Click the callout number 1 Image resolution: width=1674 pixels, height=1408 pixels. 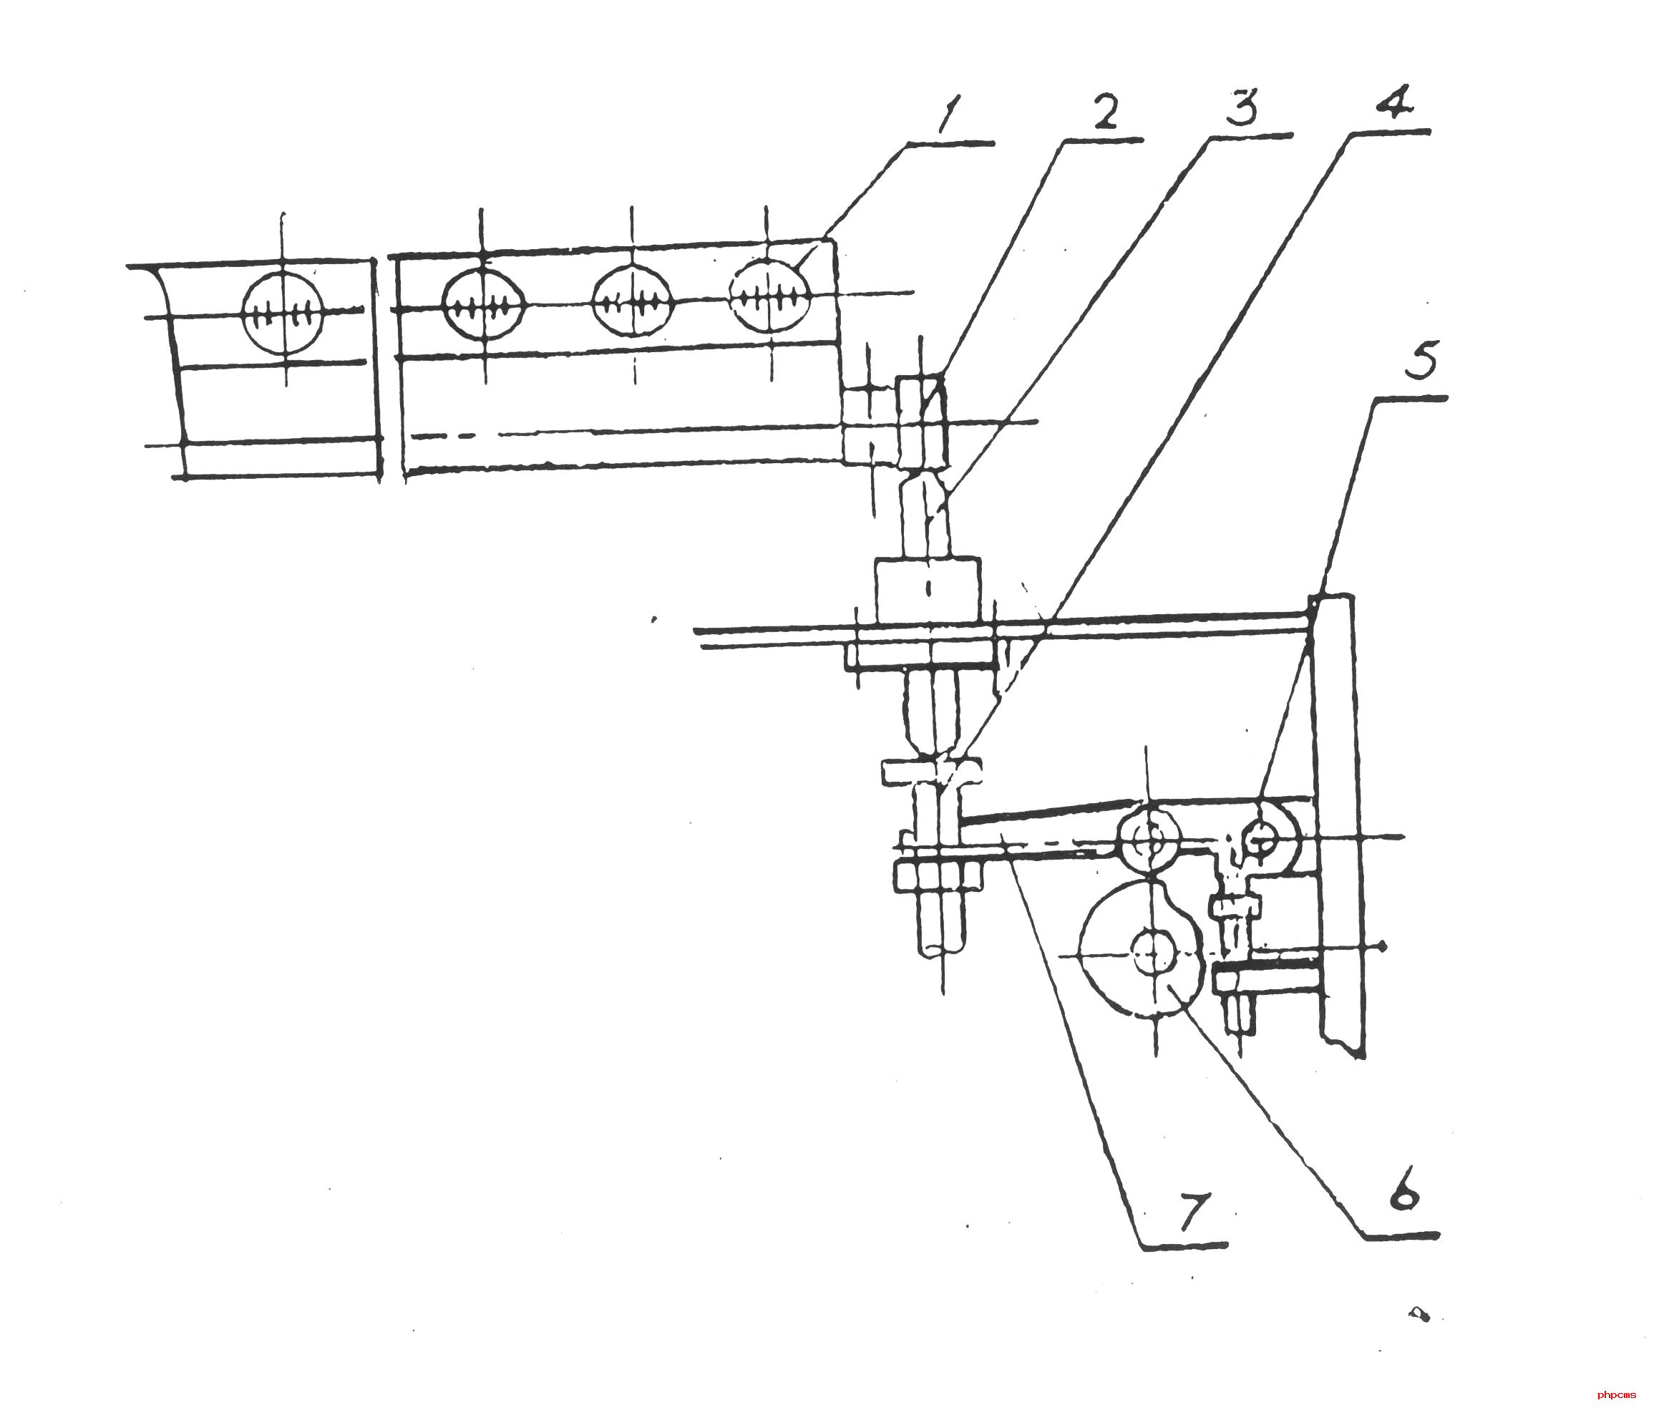click(950, 114)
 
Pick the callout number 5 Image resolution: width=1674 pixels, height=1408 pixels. click(1422, 360)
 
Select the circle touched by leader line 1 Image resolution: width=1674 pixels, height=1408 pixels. click(769, 297)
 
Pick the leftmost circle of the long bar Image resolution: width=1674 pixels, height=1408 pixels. click(484, 305)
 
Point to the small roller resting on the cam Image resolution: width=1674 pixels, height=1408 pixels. click(1149, 840)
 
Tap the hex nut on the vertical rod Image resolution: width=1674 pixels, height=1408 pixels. click(939, 876)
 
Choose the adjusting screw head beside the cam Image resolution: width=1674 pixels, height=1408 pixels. click(1236, 907)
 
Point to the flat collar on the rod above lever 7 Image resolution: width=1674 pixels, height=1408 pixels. click(931, 772)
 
